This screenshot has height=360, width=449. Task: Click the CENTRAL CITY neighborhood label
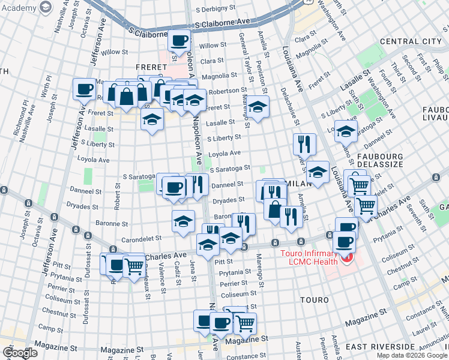pos(411,41)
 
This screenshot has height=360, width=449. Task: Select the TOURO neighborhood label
pos(315,299)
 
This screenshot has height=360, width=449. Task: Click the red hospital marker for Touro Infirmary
pos(346,259)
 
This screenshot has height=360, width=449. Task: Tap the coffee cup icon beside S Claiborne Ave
pos(179,41)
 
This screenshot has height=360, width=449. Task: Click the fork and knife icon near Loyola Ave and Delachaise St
pos(304,143)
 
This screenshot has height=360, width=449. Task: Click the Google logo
pos(19,353)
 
